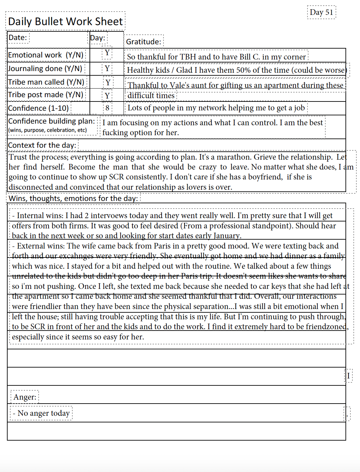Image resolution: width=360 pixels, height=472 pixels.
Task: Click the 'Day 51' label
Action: (321, 13)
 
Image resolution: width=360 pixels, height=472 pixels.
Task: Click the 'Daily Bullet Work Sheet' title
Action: (65, 21)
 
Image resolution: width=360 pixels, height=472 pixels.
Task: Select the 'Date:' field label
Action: (18, 38)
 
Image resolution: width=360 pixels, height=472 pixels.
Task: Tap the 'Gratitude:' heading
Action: (144, 42)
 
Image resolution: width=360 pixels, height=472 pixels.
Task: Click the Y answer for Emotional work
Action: (107, 53)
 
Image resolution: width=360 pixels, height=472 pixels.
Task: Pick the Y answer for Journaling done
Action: (107, 68)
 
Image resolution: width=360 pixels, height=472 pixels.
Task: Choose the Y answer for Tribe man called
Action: (108, 82)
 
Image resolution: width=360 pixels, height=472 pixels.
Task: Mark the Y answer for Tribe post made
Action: (107, 96)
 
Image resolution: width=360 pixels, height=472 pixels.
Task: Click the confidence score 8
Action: (107, 108)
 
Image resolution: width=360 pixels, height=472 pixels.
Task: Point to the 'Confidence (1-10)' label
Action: (38, 108)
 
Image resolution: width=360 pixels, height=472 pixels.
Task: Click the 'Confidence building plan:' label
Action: (52, 121)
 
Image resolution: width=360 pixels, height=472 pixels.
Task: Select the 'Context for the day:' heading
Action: (42, 145)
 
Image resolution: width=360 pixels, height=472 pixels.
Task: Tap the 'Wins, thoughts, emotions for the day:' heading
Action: (73, 198)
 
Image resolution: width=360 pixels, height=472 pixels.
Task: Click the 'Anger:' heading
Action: (25, 397)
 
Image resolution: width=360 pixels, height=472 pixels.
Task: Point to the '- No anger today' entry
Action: (41, 413)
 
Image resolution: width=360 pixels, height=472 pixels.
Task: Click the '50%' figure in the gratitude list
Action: (244, 70)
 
